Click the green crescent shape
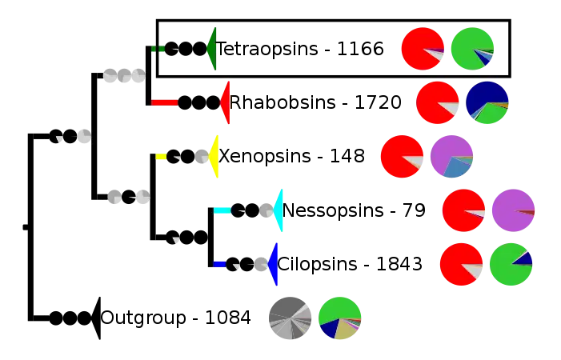click(212, 48)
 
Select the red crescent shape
click(226, 102)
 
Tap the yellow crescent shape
click(214, 156)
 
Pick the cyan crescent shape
click(278, 210)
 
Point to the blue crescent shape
click(274, 263)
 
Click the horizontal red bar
click(164, 102)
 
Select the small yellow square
click(161, 157)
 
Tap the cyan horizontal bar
click(222, 210)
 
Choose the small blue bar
click(219, 264)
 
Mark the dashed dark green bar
click(158, 49)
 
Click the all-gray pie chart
click(290, 318)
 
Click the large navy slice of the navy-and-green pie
click(486, 95)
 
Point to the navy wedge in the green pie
click(523, 258)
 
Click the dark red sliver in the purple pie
click(527, 212)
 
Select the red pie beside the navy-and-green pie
click(436, 102)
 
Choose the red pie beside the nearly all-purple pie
click(463, 210)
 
